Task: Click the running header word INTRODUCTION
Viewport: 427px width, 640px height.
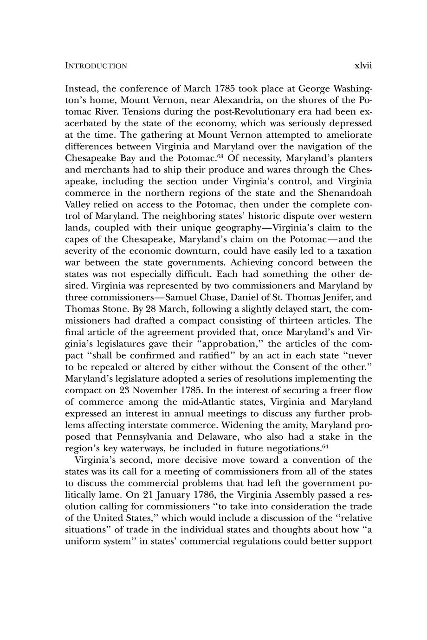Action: (96, 66)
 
